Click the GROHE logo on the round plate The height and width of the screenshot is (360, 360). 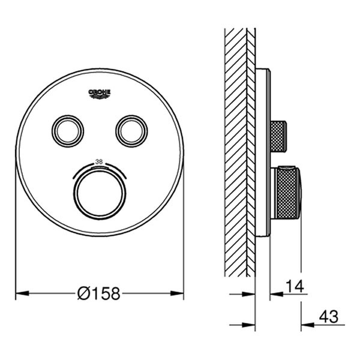click(x=100, y=94)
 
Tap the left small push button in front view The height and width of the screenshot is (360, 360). click(x=68, y=131)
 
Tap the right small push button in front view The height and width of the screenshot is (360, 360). click(x=131, y=131)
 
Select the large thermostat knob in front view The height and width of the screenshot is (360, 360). click(x=100, y=192)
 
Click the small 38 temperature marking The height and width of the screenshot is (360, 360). click(x=99, y=161)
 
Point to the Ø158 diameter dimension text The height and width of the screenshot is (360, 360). click(x=99, y=293)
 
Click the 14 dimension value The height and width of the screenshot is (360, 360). click(x=295, y=286)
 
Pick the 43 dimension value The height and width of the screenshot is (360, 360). click(x=329, y=317)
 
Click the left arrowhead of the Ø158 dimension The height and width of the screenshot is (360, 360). click(x=22, y=293)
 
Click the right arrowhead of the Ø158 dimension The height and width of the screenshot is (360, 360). click(x=177, y=293)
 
